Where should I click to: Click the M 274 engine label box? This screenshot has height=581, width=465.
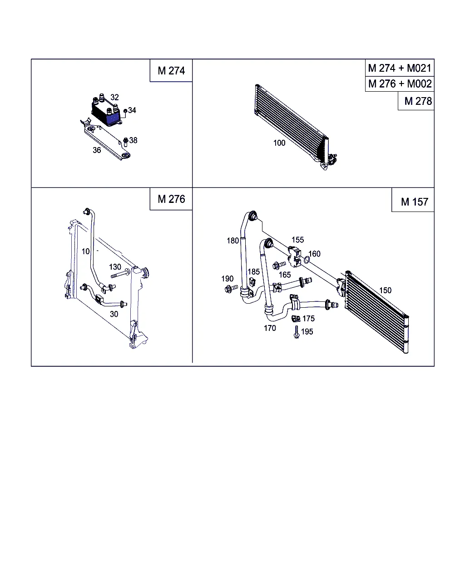pyautogui.click(x=171, y=70)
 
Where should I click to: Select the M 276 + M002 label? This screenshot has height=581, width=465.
pyautogui.click(x=400, y=84)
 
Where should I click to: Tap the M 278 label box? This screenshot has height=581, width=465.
pyautogui.click(x=416, y=101)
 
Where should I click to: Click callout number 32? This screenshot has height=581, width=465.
pyautogui.click(x=114, y=97)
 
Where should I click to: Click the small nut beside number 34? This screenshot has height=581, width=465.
pyautogui.click(x=125, y=111)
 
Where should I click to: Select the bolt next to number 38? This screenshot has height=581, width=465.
pyautogui.click(x=125, y=142)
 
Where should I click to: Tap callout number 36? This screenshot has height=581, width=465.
pyautogui.click(x=97, y=150)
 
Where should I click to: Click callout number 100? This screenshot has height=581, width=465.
pyautogui.click(x=279, y=143)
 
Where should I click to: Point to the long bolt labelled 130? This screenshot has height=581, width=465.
pyautogui.click(x=120, y=274)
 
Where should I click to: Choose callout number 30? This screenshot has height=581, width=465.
pyautogui.click(x=114, y=314)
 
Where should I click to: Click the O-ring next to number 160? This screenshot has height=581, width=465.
pyautogui.click(x=307, y=260)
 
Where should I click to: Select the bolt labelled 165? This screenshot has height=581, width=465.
pyautogui.click(x=279, y=265)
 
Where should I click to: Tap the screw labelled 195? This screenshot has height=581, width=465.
pyautogui.click(x=297, y=332)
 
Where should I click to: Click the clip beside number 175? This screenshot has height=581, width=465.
pyautogui.click(x=296, y=319)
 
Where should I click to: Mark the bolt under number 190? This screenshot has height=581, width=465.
pyautogui.click(x=231, y=289)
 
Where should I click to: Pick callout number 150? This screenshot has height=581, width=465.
pyautogui.click(x=385, y=290)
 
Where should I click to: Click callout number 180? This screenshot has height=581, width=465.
pyautogui.click(x=232, y=241)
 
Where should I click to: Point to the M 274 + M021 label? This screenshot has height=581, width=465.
pyautogui.click(x=400, y=68)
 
